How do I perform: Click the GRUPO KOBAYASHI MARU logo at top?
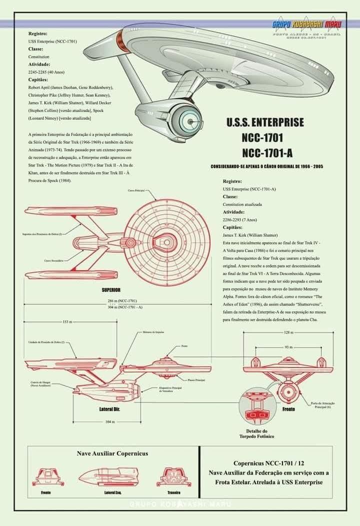click(305, 24)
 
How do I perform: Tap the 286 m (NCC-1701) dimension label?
click(122, 301)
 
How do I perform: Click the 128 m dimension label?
click(288, 332)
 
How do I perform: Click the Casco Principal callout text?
click(136, 191)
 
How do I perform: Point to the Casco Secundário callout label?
click(54, 260)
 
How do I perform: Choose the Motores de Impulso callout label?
click(153, 332)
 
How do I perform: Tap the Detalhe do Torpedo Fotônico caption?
click(260, 434)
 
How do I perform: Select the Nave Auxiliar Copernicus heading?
click(112, 454)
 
